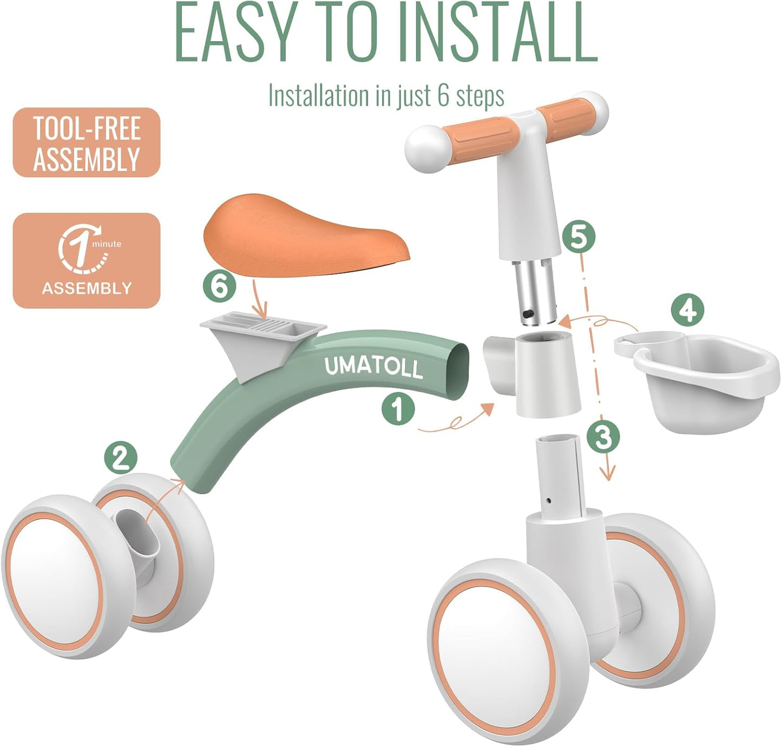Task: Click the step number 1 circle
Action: point(398,409)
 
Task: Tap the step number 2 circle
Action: point(121,458)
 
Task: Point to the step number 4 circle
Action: point(687,311)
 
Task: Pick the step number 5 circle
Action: point(578,237)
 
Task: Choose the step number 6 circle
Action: point(219,285)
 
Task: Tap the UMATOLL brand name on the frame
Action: point(373,367)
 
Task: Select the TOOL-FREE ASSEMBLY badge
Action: point(87,143)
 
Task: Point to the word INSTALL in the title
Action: point(498,34)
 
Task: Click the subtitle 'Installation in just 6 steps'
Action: point(386,96)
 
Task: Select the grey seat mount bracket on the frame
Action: point(260,341)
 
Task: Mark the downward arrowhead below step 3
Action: point(608,474)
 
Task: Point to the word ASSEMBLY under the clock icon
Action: point(87,288)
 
